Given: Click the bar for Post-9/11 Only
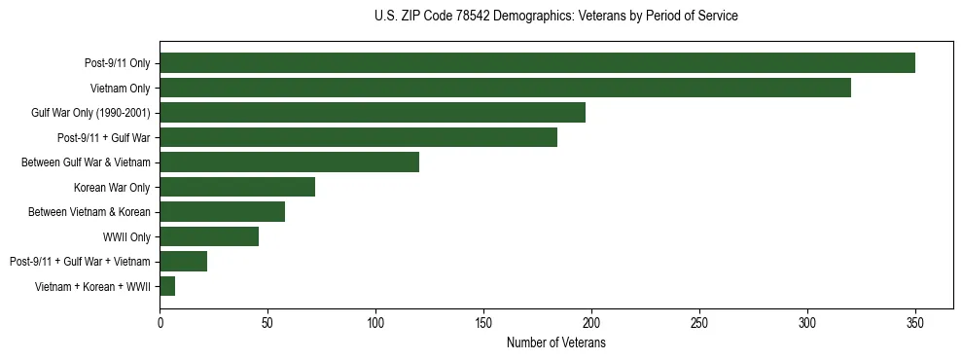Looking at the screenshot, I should [x=537, y=63].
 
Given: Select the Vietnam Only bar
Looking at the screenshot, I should [x=505, y=88].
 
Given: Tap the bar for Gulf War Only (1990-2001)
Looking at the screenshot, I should [x=373, y=113].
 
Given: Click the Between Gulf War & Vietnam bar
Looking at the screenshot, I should [x=289, y=162].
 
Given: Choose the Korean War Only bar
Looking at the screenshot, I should [x=237, y=187].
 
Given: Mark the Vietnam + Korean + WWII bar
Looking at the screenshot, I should [x=167, y=286].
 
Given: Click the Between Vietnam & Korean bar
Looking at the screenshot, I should [x=222, y=211].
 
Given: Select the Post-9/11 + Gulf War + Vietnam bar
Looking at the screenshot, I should [x=183, y=261].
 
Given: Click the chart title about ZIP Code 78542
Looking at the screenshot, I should [x=555, y=17].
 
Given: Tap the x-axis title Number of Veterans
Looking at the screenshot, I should [x=555, y=343].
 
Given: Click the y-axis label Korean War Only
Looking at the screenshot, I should [x=112, y=187].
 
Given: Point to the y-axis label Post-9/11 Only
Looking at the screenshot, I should [x=117, y=63].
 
